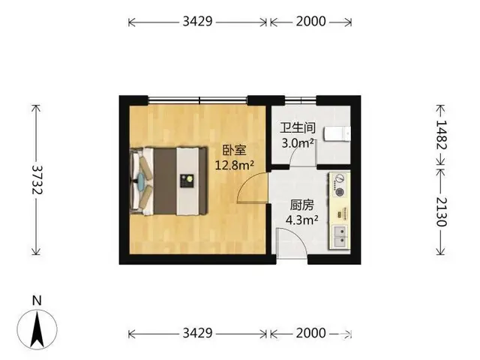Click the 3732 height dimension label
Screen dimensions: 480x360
pyautogui.click(x=37, y=180)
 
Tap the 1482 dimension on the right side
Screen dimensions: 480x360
pyautogui.click(x=441, y=135)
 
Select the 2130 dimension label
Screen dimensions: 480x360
pyautogui.click(x=441, y=211)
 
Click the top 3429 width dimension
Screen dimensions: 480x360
pyautogui.click(x=197, y=22)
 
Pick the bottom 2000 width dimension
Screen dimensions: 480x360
pyautogui.click(x=310, y=333)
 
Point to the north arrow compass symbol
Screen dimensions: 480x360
pyautogui.click(x=37, y=329)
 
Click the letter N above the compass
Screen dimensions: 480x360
pyautogui.click(x=37, y=301)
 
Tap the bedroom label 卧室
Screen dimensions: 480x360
pyautogui.click(x=234, y=151)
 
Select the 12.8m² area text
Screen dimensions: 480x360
pyautogui.click(x=235, y=165)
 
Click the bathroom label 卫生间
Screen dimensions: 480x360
pyautogui.click(x=298, y=128)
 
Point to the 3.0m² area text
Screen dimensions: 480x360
pyautogui.click(x=298, y=143)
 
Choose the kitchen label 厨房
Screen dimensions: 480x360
pyautogui.click(x=301, y=205)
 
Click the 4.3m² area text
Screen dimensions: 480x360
pyautogui.click(x=301, y=220)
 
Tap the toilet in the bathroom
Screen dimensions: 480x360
pyautogui.click(x=337, y=133)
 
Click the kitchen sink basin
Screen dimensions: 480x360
pyautogui.click(x=340, y=236)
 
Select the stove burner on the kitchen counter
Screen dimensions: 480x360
pyautogui.click(x=340, y=192)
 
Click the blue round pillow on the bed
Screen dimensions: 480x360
pyautogui.click(x=142, y=181)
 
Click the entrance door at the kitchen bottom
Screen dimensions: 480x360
pyautogui.click(x=292, y=244)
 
